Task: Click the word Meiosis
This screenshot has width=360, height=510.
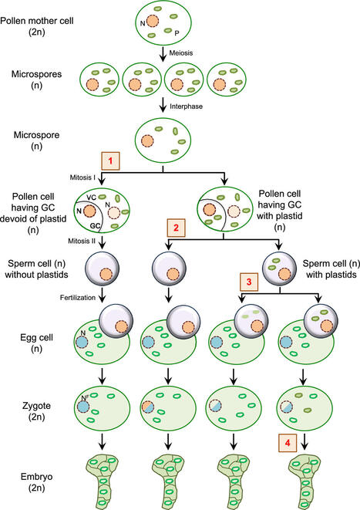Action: [192, 52]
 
